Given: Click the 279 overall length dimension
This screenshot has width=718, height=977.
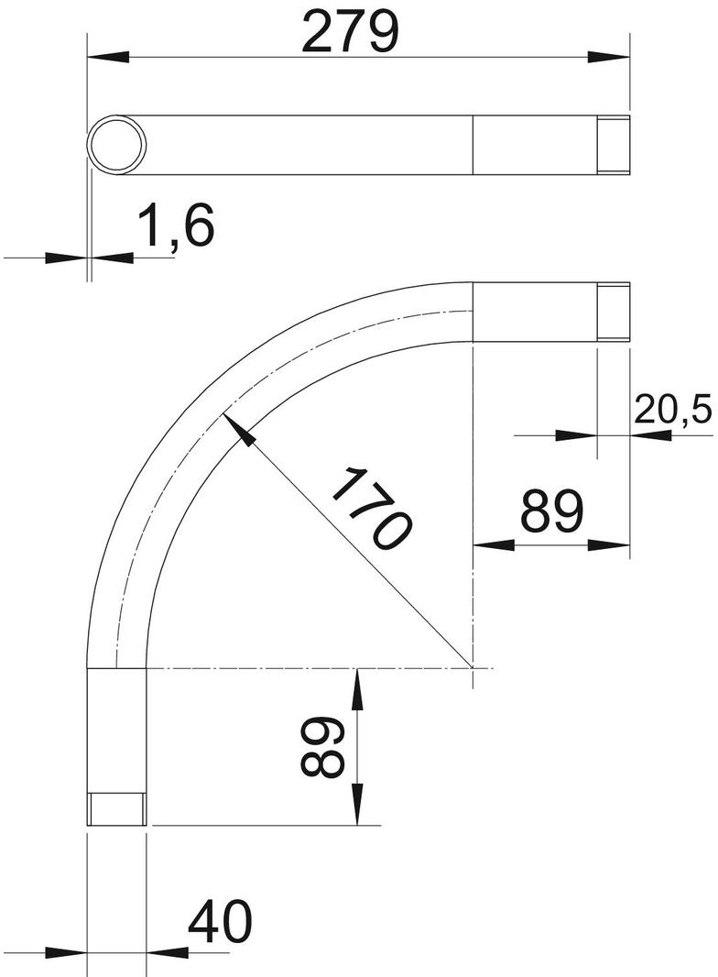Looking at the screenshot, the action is click(x=349, y=32).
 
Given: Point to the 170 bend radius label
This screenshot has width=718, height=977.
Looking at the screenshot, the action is click(x=372, y=509).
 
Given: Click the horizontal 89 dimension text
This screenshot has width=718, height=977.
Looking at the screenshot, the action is click(x=552, y=510).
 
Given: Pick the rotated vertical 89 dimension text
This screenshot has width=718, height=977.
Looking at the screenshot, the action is click(x=322, y=746).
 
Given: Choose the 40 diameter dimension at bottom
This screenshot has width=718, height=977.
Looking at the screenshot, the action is click(x=220, y=921).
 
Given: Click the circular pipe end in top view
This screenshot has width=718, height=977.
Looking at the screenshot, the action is click(x=116, y=145).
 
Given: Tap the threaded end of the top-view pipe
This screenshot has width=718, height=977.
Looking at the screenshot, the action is click(x=614, y=145).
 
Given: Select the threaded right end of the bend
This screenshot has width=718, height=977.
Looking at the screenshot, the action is click(x=614, y=312).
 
